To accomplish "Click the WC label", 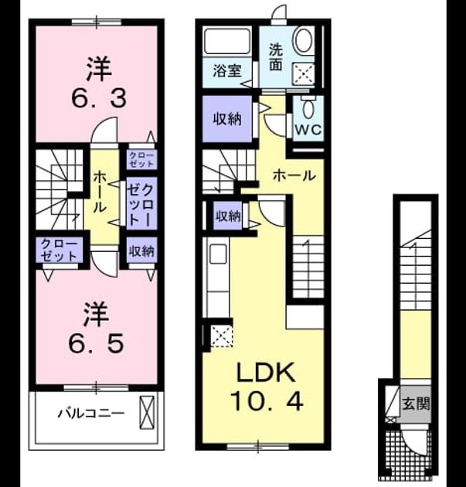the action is [x=308, y=130].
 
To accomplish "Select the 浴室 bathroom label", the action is [x=227, y=71].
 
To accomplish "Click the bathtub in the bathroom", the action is [x=227, y=41].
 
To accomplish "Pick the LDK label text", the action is [x=266, y=373].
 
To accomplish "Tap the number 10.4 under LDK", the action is [x=267, y=400].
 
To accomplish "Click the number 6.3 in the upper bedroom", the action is [x=99, y=97].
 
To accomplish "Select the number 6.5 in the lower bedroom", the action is [x=97, y=342].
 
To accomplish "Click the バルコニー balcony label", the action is [x=92, y=414].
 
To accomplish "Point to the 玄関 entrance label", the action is [x=416, y=404].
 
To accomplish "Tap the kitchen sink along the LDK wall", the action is [x=219, y=254].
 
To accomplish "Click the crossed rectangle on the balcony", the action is [x=147, y=413].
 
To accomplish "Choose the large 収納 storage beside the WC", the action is [x=227, y=118].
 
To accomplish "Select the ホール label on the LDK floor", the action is [x=294, y=176].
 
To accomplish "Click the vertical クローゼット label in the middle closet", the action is [x=141, y=204].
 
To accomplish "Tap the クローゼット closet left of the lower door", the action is [x=59, y=250].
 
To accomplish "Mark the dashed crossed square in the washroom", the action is [x=304, y=74].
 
